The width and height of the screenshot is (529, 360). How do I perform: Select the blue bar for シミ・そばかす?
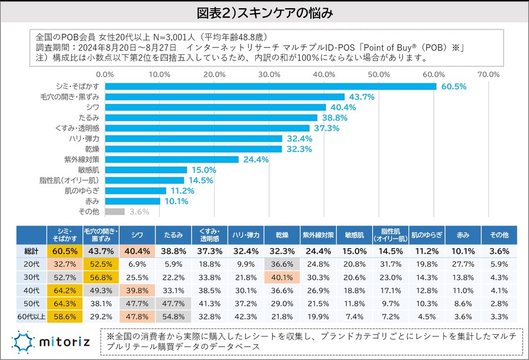[270, 86]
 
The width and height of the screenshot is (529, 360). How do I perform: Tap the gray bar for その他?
[115, 211]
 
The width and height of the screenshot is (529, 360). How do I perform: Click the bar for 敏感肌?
[146, 170]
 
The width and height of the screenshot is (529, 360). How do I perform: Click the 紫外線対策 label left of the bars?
[82, 159]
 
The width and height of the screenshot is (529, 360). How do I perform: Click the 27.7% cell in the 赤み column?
[463, 263]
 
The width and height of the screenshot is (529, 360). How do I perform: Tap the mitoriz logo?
[52, 340]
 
